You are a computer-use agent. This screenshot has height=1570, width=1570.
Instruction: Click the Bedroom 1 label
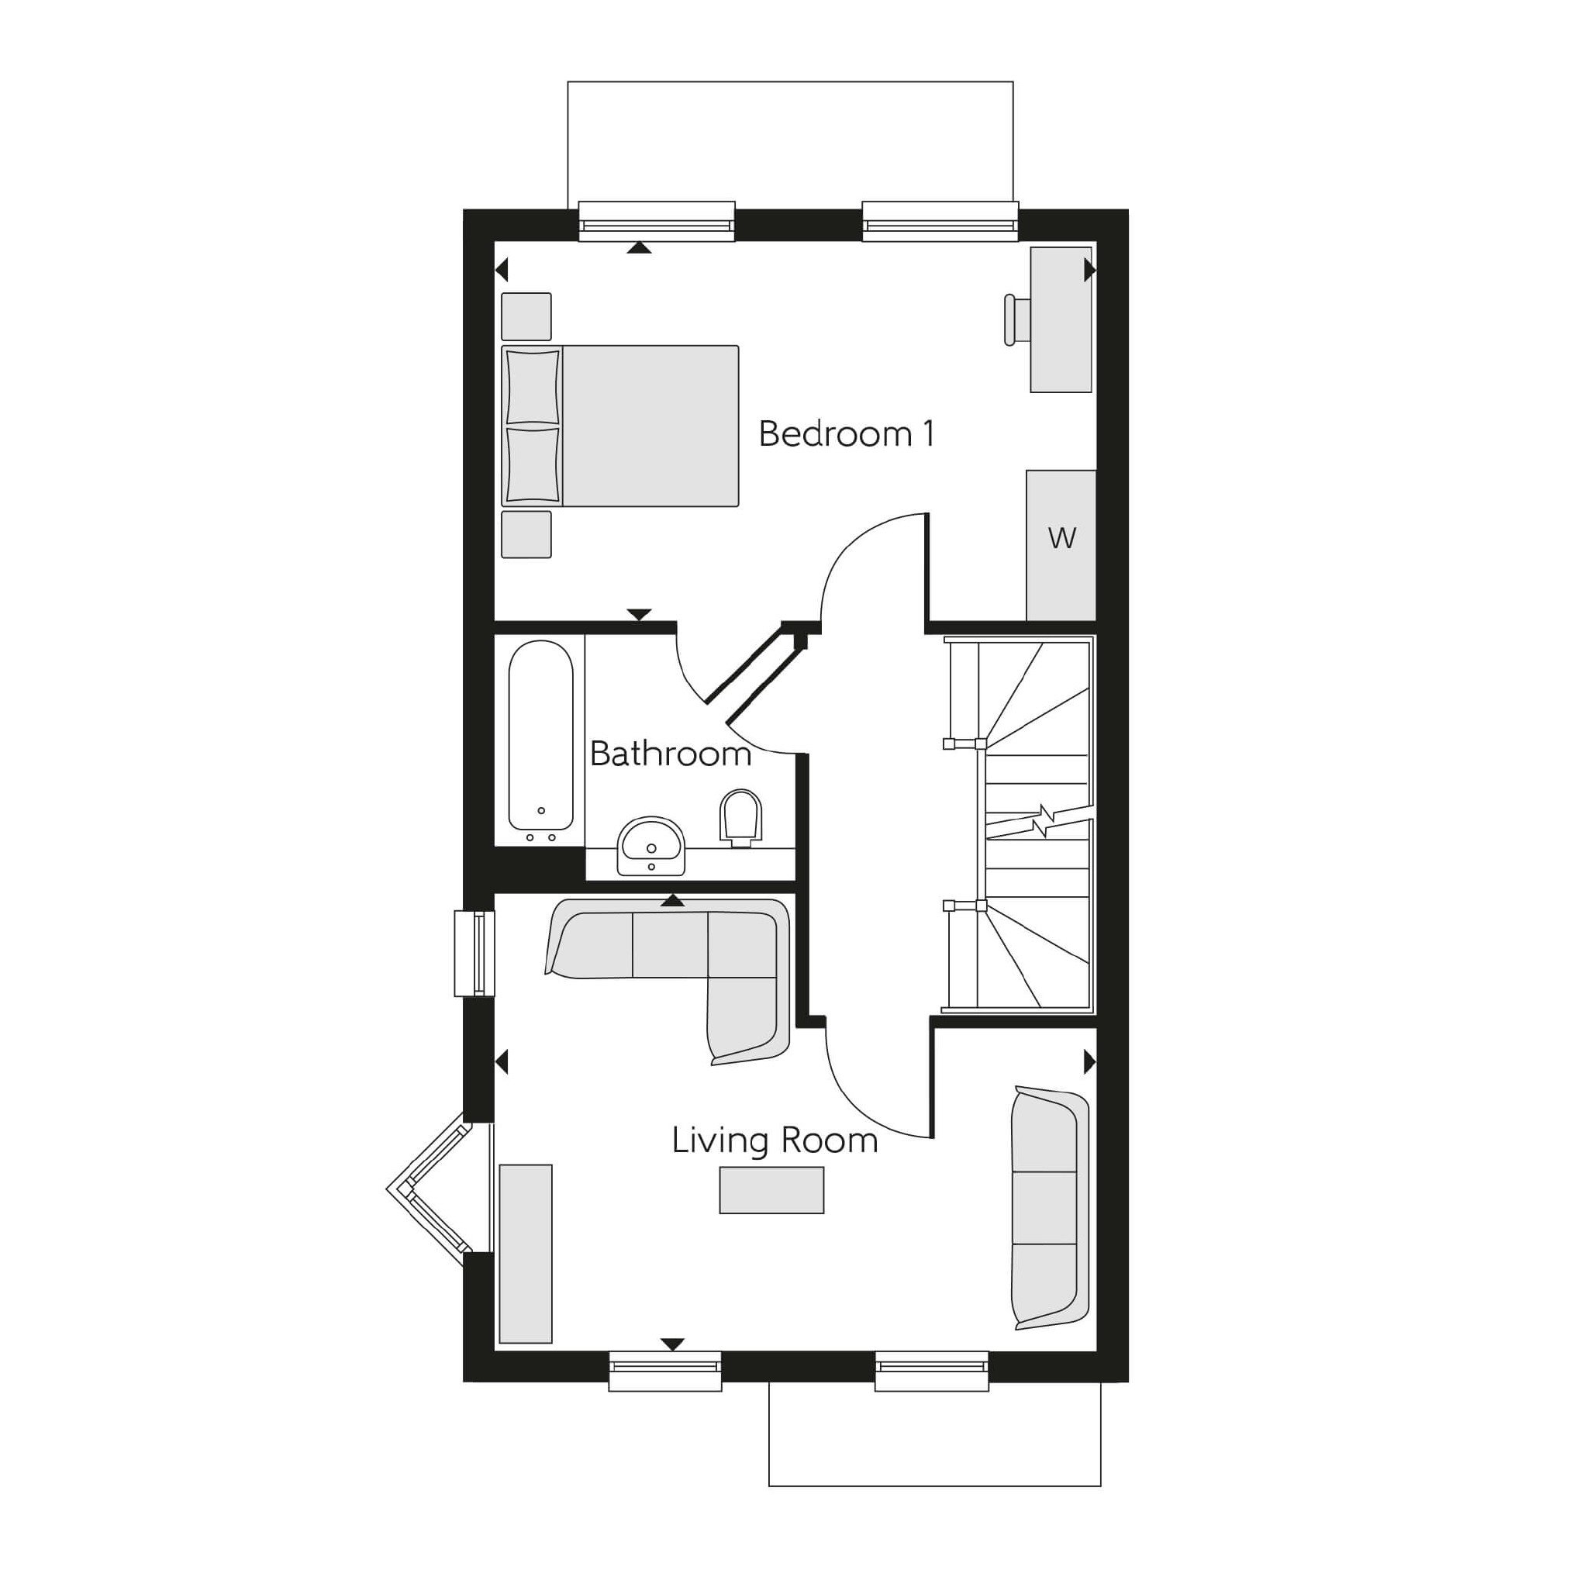(x=846, y=434)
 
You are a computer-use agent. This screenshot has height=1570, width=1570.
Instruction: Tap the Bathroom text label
(x=670, y=754)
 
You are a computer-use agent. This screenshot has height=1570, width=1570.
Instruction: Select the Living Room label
(x=775, y=1141)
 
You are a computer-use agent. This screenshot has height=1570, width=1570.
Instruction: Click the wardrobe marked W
(x=1061, y=545)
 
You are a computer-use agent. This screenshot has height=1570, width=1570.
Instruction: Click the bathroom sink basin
(x=651, y=846)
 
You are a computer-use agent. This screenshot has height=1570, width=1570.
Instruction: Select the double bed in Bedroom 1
(x=620, y=426)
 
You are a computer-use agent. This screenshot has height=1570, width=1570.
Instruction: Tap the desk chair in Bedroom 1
(x=1016, y=319)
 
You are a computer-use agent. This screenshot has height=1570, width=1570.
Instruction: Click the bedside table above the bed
(x=526, y=316)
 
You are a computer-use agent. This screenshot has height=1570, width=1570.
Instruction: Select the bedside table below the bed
(x=526, y=534)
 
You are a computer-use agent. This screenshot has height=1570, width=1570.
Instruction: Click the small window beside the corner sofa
(x=474, y=953)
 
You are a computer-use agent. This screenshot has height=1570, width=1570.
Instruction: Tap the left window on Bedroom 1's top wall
(x=657, y=221)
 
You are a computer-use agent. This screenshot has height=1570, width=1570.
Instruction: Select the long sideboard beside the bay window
(x=526, y=1254)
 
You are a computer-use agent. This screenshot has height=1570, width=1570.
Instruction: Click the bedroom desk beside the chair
(x=1061, y=319)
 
